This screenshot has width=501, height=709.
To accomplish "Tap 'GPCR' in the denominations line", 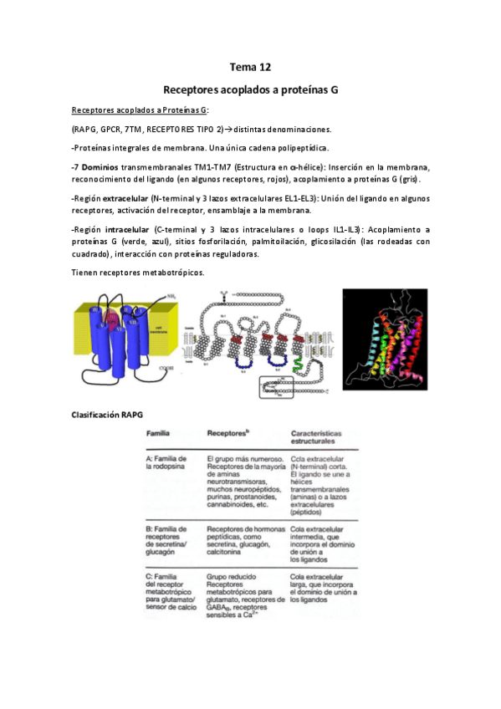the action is click(110, 129).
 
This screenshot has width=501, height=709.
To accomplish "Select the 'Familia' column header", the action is click(159, 435).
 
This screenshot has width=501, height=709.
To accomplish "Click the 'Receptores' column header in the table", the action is click(227, 435).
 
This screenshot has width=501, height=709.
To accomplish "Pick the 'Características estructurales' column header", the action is click(324, 440).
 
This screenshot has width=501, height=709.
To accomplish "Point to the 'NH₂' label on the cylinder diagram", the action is click(171, 296).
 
